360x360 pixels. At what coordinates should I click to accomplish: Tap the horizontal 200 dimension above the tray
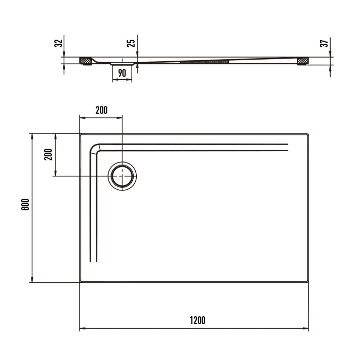(101, 110)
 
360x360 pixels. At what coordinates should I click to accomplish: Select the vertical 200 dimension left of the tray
(48, 154)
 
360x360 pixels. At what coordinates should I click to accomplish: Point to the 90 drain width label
(122, 73)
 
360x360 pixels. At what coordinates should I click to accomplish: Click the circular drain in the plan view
(122, 175)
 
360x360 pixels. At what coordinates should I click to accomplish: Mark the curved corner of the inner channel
(96, 149)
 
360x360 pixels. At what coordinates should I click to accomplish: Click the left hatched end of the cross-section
(86, 61)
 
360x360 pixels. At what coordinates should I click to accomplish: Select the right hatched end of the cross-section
(303, 61)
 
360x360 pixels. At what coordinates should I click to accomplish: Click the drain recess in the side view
(122, 64)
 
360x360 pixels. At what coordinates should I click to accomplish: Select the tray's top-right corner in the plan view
(308, 135)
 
